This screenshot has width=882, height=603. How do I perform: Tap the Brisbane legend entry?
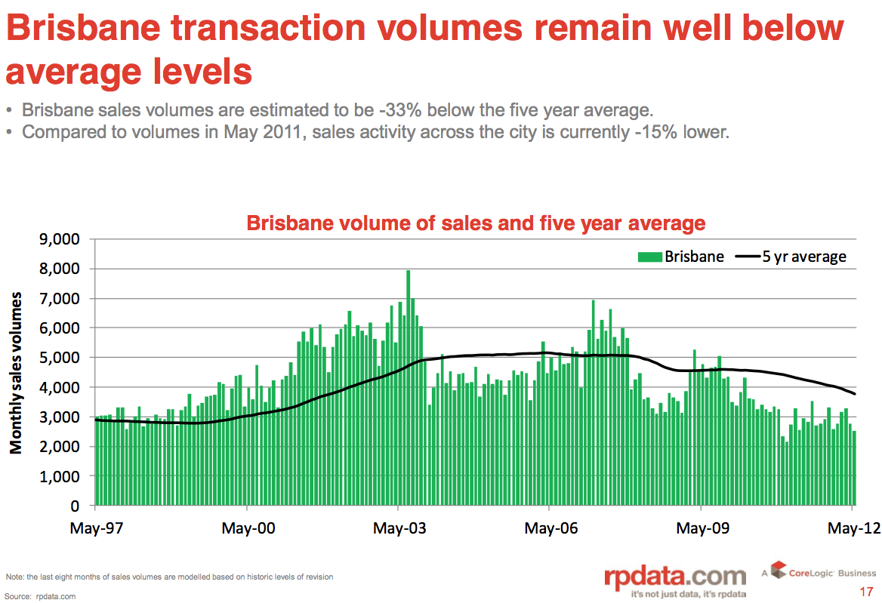tap(681, 257)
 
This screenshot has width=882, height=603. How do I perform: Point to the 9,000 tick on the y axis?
tap(59, 239)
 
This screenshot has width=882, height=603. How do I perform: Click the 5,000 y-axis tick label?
tap(59, 358)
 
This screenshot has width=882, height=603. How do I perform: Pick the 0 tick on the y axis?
tap(75, 506)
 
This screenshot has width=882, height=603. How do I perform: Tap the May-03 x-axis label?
tap(400, 528)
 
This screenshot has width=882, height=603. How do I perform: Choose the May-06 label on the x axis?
tap(551, 528)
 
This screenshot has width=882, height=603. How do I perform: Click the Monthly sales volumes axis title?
tap(16, 373)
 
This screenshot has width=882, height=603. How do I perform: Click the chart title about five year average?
tap(476, 223)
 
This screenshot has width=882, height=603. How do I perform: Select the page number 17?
tap(866, 591)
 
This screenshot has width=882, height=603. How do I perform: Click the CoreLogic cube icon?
tap(778, 571)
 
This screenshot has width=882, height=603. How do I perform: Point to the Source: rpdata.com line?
tap(41, 596)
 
